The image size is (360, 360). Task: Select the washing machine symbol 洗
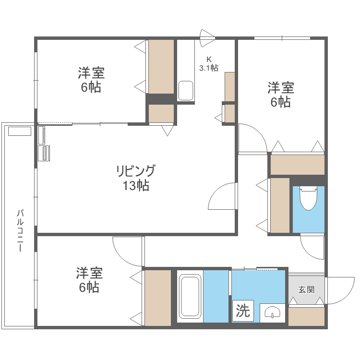click(243, 311)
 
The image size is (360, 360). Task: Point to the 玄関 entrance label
click(306, 289)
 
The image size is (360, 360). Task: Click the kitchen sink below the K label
click(185, 90)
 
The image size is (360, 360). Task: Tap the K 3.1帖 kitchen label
click(209, 63)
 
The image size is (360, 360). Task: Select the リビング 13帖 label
click(136, 178)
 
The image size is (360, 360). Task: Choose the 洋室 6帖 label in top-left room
click(91, 80)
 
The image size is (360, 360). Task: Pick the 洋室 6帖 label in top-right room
click(281, 95)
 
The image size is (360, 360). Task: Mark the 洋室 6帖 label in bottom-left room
click(89, 280)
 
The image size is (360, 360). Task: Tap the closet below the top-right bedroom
click(297, 165)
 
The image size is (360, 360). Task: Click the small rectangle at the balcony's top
click(19, 131)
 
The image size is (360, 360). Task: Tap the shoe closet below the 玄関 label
click(306, 316)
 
